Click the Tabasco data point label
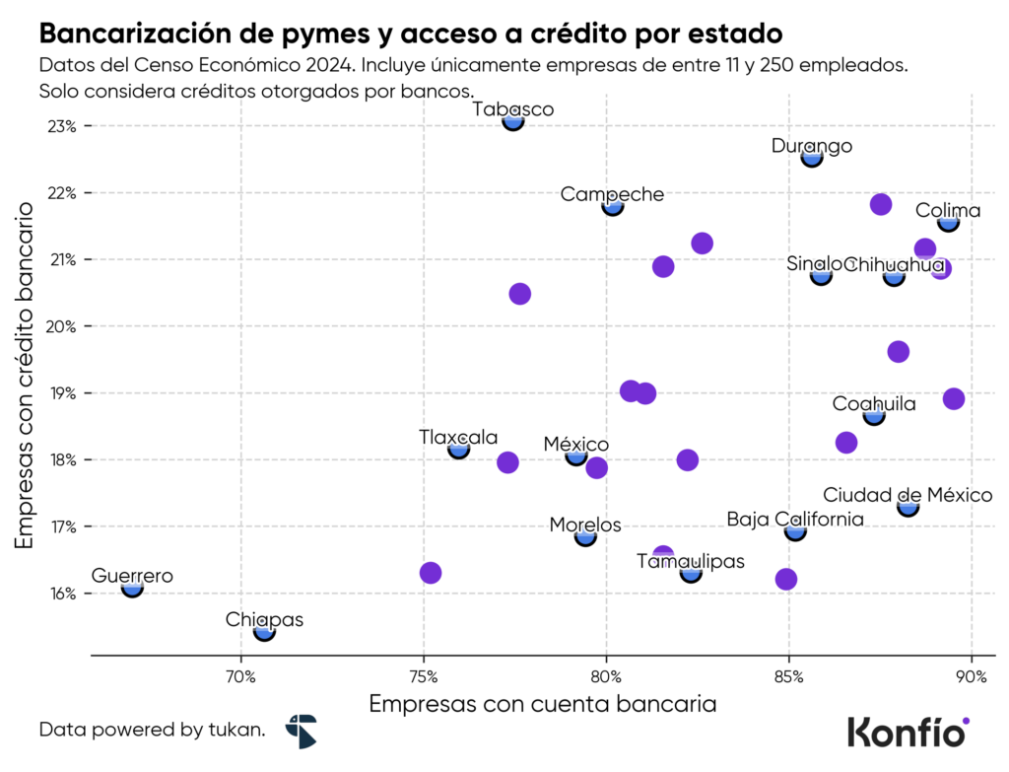coord(512,109)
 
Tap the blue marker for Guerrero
coord(132,588)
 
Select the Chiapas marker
coord(264,631)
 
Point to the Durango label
coord(812,146)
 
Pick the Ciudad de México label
coord(908,495)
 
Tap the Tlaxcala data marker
coord(459,450)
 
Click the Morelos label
coord(585,525)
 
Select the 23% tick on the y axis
coord(61,126)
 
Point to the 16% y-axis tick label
coord(61,594)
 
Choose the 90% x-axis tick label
coord(972,676)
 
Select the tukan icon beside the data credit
coord(301,732)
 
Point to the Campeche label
coord(612,194)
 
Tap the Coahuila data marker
coord(874,416)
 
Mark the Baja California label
coord(794,519)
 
